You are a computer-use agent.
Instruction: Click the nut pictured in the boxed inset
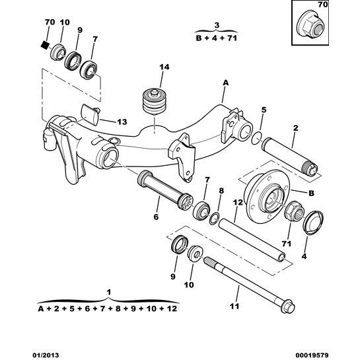click(310, 27)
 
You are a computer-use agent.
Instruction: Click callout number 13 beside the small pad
click(122, 122)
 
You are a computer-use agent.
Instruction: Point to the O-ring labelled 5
click(257, 138)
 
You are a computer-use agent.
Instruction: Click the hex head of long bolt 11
click(287, 306)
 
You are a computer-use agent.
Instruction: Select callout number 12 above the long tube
click(238, 202)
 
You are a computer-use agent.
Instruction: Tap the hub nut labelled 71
click(295, 211)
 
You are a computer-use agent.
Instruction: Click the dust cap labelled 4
click(313, 222)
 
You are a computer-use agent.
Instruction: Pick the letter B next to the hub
click(311, 193)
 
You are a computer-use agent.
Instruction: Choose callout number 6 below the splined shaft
click(156, 217)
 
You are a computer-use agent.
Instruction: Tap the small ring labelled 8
click(215, 219)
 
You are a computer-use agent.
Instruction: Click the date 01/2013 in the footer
click(45, 355)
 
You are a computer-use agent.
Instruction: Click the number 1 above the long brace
click(109, 292)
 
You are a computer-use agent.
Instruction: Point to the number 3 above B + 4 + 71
click(217, 25)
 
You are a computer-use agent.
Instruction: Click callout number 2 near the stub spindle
click(295, 128)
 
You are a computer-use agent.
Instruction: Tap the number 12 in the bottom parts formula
click(172, 308)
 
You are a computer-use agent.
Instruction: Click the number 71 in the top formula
click(232, 38)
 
